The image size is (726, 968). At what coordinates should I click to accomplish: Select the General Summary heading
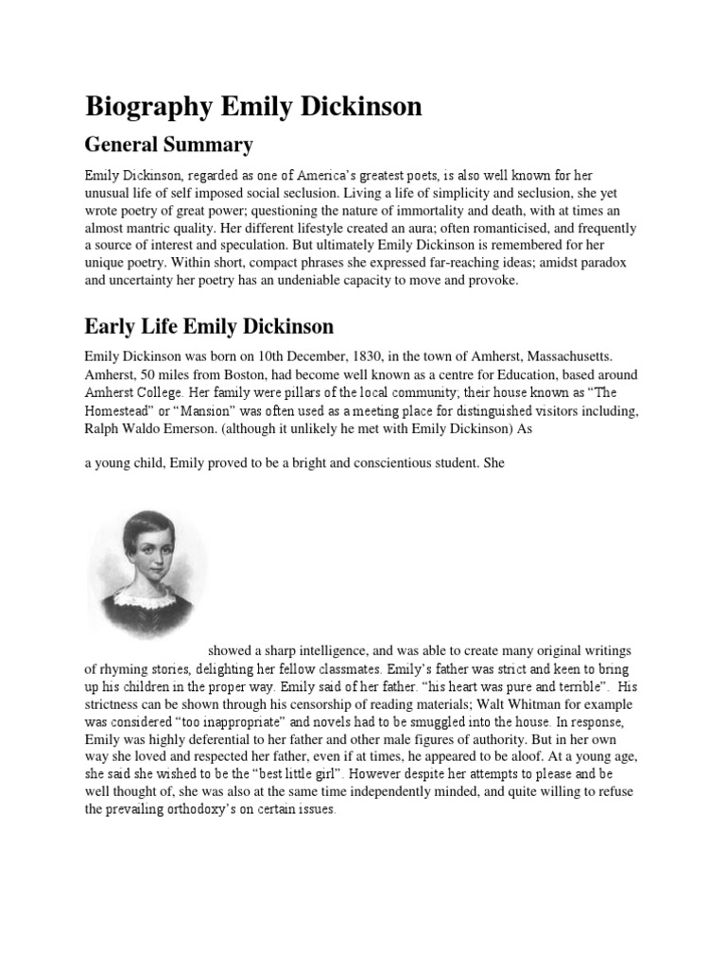(169, 146)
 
